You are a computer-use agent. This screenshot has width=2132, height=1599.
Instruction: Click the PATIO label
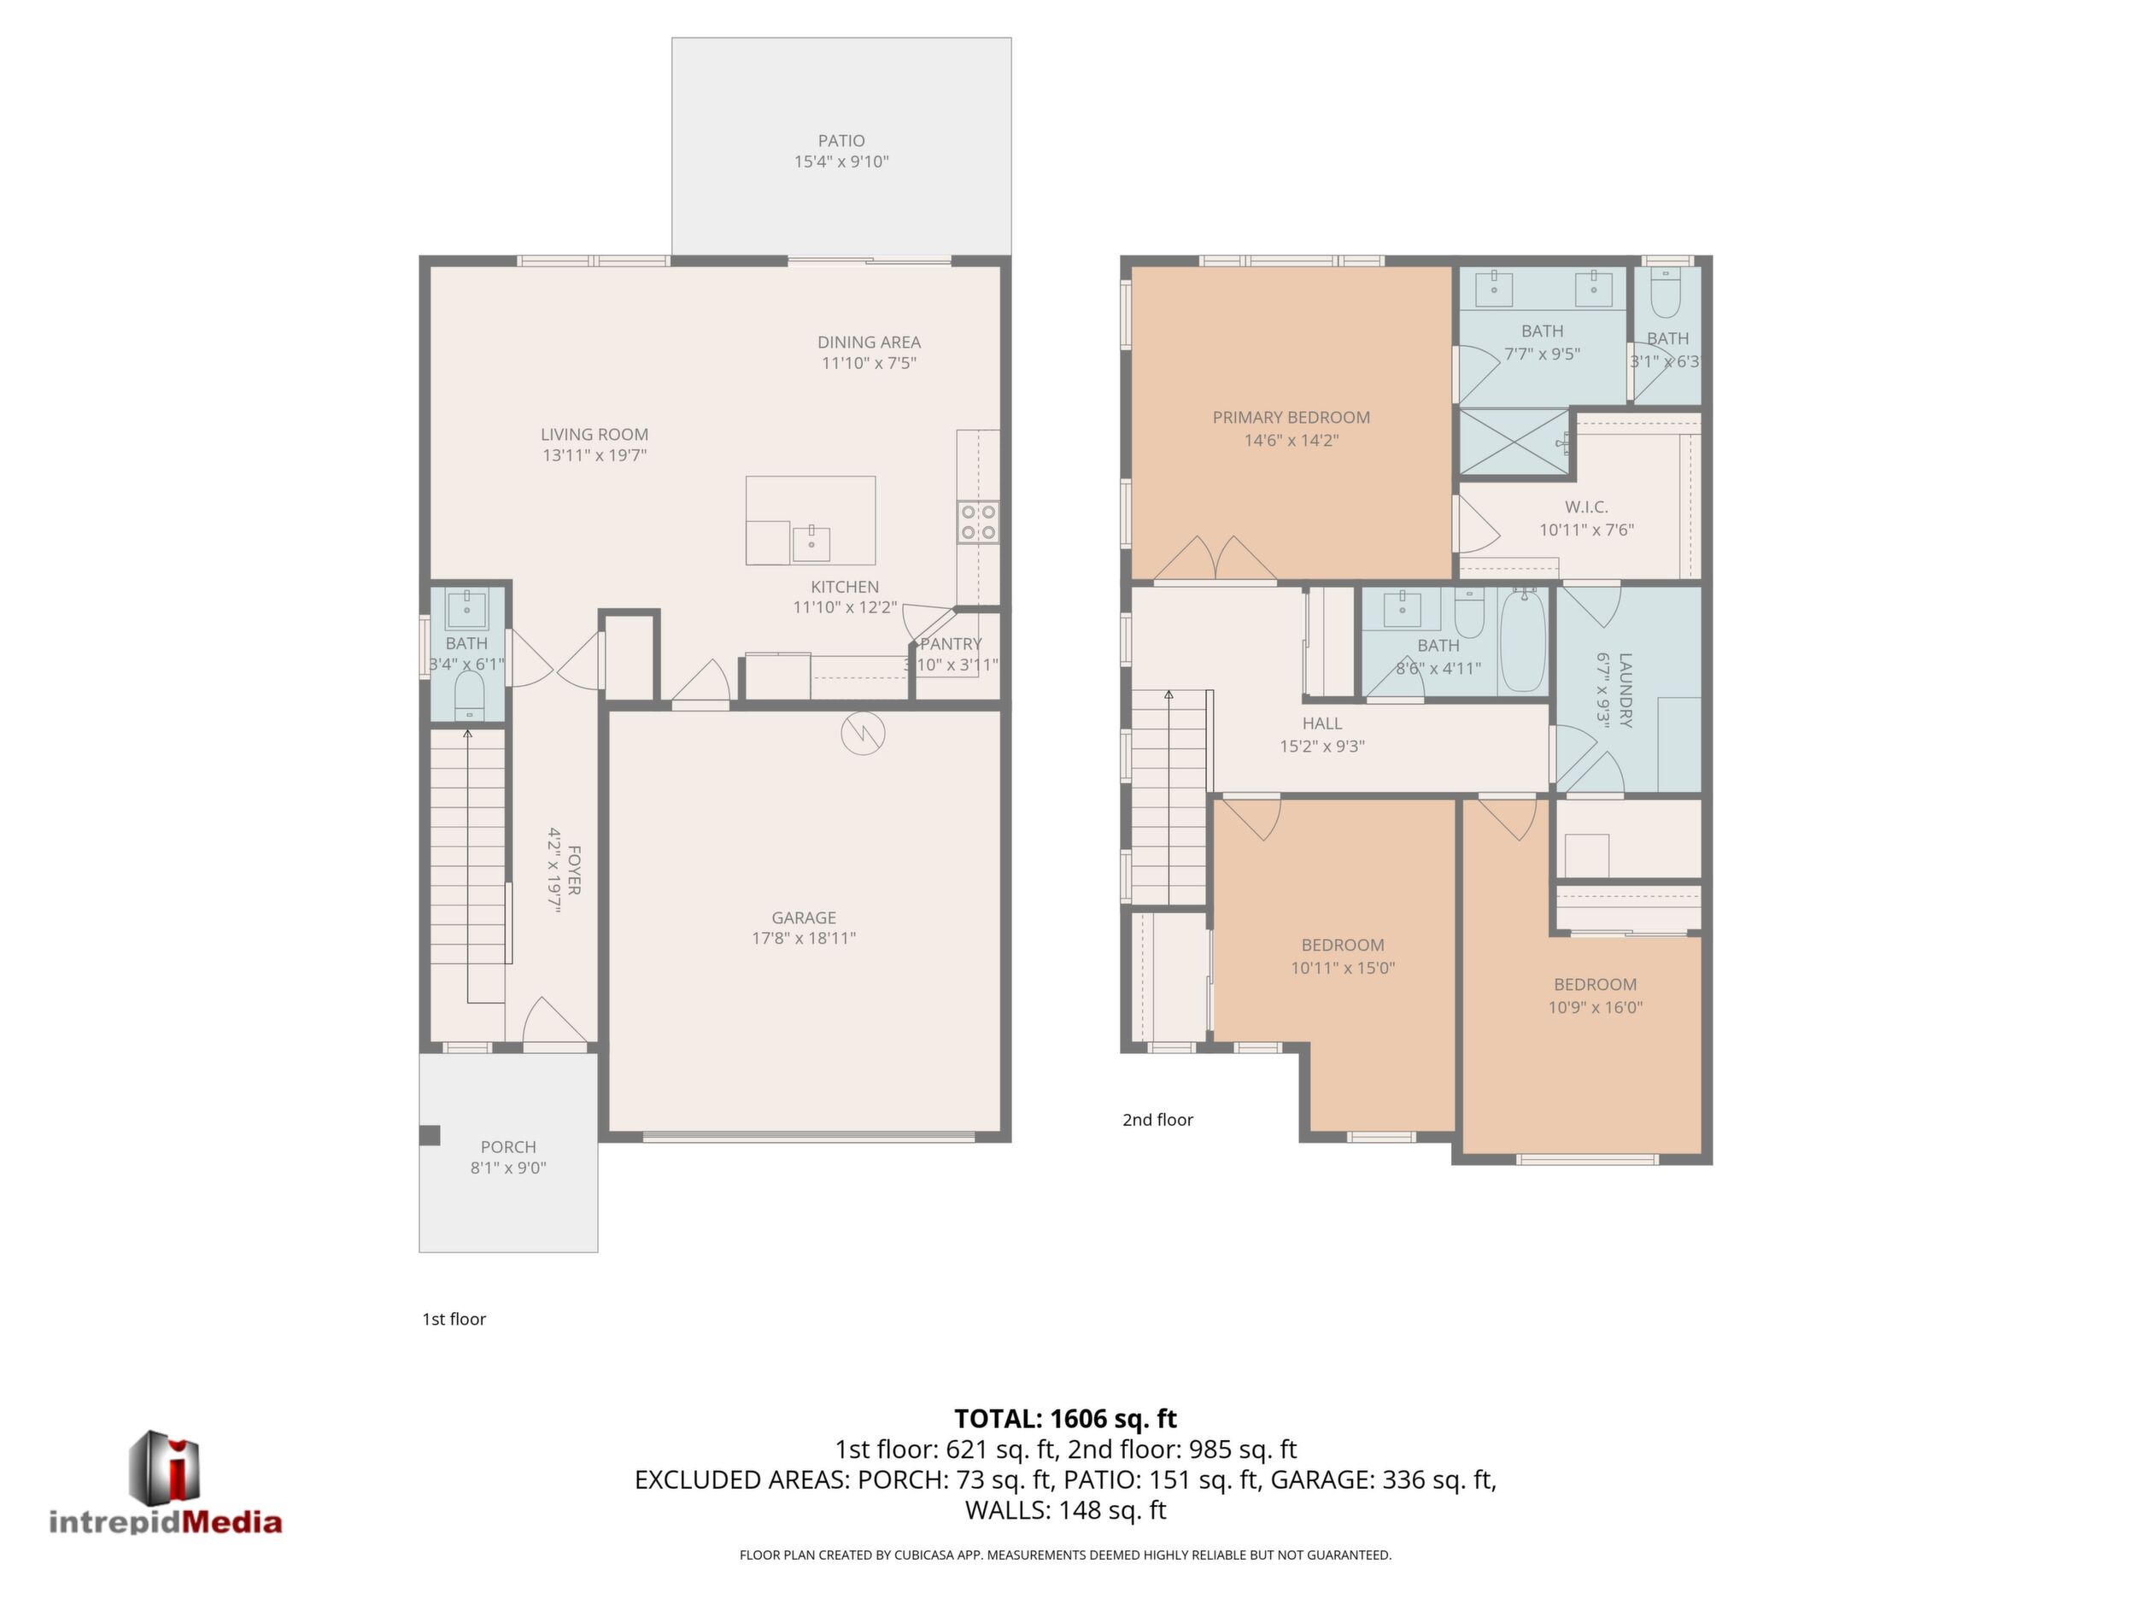coord(841,141)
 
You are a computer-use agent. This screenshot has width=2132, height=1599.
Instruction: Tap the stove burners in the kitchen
coord(977,521)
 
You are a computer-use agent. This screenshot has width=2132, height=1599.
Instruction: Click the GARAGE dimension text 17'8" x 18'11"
coord(804,938)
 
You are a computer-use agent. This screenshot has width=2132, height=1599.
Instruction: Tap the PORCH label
coord(508,1147)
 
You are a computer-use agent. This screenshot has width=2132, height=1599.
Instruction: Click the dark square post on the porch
coord(430,1135)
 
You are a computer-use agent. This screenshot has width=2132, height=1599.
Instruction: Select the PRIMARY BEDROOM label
coord(1291,418)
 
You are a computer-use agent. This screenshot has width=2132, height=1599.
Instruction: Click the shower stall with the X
coord(1514,442)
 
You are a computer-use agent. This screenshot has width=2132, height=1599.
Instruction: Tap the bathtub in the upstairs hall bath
coord(1523,640)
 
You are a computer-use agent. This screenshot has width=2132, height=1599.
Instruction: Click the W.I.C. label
coord(1586,507)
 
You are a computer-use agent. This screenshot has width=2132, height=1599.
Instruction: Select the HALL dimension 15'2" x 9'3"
coord(1322,746)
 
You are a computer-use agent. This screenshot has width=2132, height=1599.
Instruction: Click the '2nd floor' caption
coord(1157,1120)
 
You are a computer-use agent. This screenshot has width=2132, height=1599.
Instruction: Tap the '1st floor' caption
coord(454,1320)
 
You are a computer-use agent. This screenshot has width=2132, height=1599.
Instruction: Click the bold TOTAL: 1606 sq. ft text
coord(1065,1419)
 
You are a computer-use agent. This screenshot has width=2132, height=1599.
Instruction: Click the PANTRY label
coord(952,644)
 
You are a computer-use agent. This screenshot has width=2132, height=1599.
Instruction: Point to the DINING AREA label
coord(870,343)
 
